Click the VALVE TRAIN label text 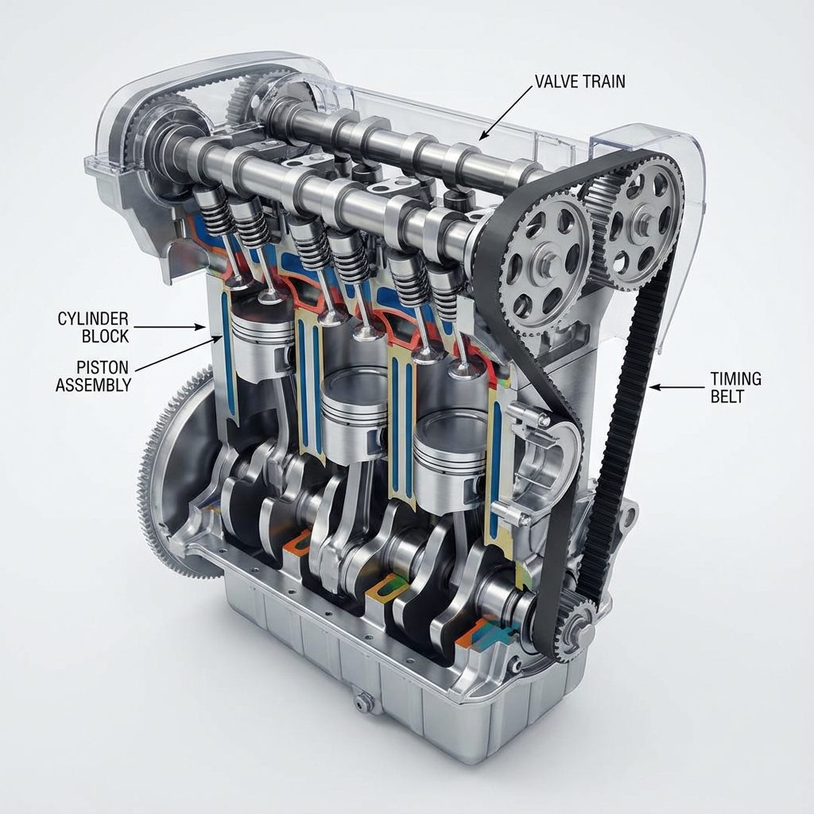click(x=579, y=82)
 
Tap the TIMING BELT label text click(x=735, y=387)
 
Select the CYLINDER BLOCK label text click(x=93, y=327)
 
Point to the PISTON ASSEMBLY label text click(x=94, y=376)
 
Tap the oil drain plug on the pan click(x=362, y=702)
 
